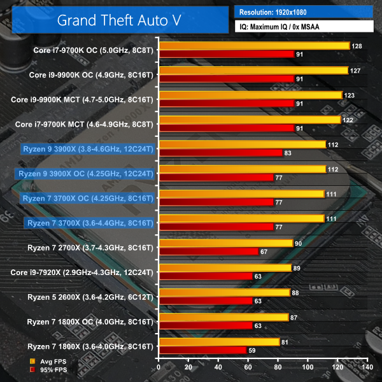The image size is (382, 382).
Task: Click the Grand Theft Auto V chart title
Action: click(118, 19)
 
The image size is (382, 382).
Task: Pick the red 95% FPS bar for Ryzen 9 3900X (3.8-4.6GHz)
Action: click(220, 153)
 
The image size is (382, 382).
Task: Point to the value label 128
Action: click(357, 46)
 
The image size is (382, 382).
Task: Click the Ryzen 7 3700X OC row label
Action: click(88, 198)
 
